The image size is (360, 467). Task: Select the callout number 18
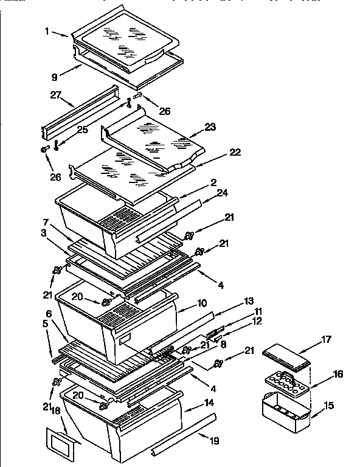[x=57, y=411]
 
